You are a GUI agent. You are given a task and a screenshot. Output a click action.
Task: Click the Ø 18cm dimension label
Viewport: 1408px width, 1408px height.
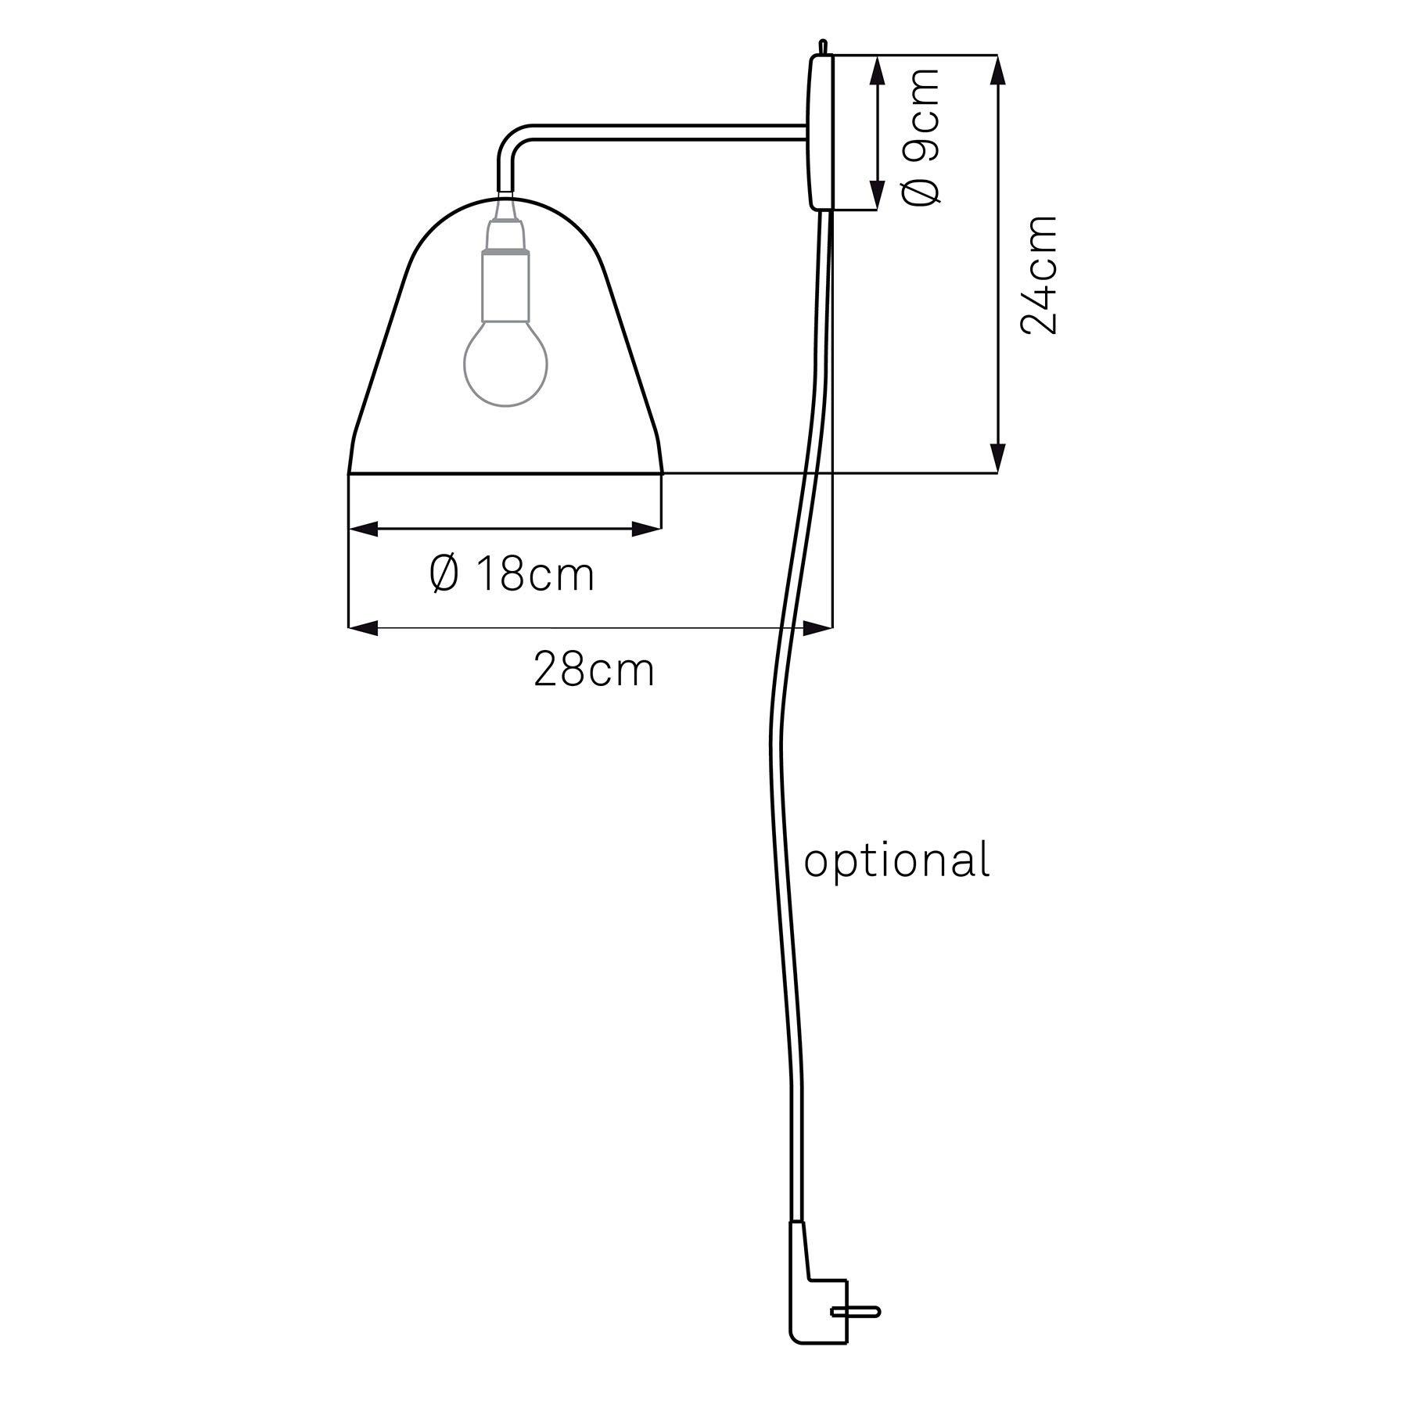click(512, 574)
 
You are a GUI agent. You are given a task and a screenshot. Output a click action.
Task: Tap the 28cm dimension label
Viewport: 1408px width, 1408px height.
click(594, 670)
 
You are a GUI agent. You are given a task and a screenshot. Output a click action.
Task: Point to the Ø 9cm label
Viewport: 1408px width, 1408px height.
click(921, 135)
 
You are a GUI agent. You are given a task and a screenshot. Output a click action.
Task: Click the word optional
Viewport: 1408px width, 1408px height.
click(897, 860)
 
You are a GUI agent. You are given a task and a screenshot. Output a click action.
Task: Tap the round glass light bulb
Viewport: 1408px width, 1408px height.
click(505, 363)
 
